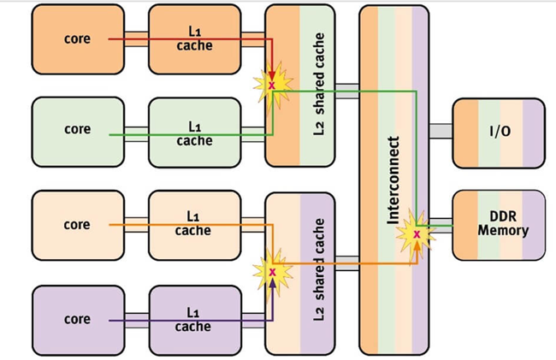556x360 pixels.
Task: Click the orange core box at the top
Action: [x=77, y=38]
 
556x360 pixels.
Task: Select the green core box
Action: [x=77, y=131]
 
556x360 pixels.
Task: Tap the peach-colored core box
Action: [x=77, y=225]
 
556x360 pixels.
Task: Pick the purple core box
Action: [x=77, y=320]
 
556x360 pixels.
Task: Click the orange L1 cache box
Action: [x=194, y=38]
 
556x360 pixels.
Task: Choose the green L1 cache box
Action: [x=194, y=133]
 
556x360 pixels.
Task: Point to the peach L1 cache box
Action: [x=194, y=226]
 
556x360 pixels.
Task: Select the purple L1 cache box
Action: [x=194, y=320]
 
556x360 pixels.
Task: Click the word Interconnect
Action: [x=393, y=180]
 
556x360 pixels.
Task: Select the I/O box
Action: [x=498, y=132]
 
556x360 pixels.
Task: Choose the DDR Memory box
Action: [x=498, y=225]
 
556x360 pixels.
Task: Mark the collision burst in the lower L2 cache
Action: [x=272, y=272]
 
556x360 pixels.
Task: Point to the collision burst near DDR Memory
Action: [x=417, y=233]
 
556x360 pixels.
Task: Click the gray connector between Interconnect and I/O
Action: [x=440, y=131]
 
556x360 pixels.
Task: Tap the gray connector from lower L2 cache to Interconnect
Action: [x=346, y=263]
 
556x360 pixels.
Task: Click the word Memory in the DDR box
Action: [x=503, y=231]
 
